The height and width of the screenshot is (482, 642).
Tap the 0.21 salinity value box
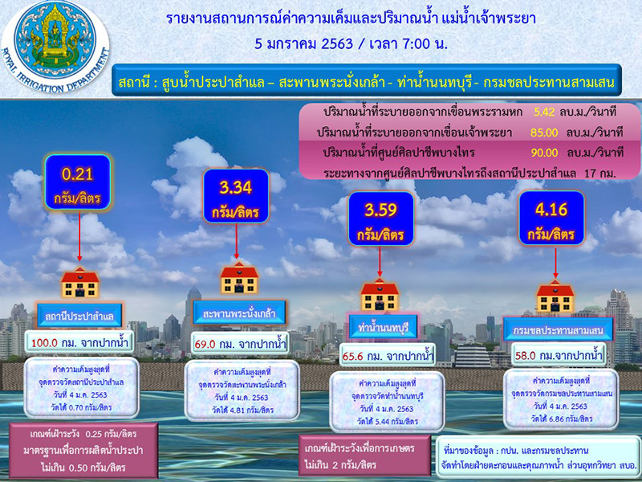tap(79, 182)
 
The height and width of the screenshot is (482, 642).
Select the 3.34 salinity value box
tap(238, 198)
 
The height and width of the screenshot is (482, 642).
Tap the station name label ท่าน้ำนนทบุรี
tap(380, 328)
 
